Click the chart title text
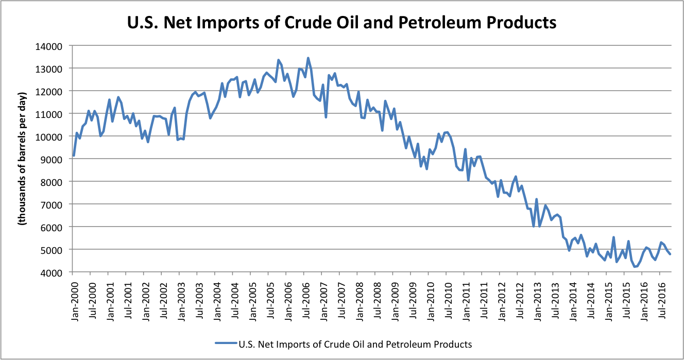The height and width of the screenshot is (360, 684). (x=341, y=23)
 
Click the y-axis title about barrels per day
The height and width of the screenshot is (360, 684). (x=22, y=159)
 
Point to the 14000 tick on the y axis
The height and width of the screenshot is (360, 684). (x=49, y=46)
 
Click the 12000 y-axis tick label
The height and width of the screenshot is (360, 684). (x=49, y=92)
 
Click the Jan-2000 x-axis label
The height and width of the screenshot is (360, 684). (x=75, y=301)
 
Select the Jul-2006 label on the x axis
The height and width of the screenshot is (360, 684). (x=306, y=300)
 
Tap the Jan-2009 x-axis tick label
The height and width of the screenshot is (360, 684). (x=396, y=301)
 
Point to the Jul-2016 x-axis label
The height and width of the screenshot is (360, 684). (x=662, y=300)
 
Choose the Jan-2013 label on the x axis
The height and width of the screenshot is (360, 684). (x=538, y=301)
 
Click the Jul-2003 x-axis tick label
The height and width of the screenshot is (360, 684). (x=199, y=300)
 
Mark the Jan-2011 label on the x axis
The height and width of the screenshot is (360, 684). (x=467, y=301)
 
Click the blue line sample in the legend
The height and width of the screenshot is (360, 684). (x=226, y=343)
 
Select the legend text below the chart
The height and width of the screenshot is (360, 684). (x=355, y=344)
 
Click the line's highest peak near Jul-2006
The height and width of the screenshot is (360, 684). (x=308, y=58)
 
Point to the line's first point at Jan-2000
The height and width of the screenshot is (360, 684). (x=74, y=156)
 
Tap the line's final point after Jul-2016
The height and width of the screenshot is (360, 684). (x=670, y=254)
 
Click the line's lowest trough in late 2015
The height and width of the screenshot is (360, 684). (x=634, y=267)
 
